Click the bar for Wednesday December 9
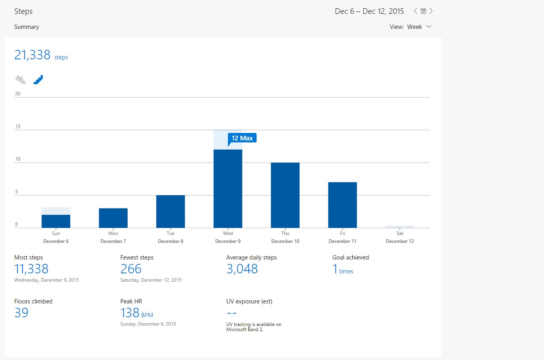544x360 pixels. (228, 189)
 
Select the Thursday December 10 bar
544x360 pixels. (285, 195)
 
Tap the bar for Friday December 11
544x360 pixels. (342, 205)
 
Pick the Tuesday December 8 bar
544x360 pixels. (170, 212)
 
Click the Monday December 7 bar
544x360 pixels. (113, 218)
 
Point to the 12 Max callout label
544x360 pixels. (242, 138)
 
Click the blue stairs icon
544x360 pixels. (38, 80)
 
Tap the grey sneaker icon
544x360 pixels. (21, 80)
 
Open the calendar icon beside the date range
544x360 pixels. (423, 11)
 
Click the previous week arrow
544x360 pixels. (416, 11)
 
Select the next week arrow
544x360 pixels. (431, 11)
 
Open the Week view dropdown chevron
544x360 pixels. (429, 27)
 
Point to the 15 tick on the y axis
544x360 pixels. (18, 127)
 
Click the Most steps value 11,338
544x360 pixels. (31, 269)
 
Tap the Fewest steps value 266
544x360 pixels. (130, 269)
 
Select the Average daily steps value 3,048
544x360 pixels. (242, 269)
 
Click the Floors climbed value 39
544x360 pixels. (21, 313)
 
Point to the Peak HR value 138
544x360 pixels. (130, 313)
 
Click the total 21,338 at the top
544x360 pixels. (32, 55)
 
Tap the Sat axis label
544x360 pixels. (400, 233)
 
